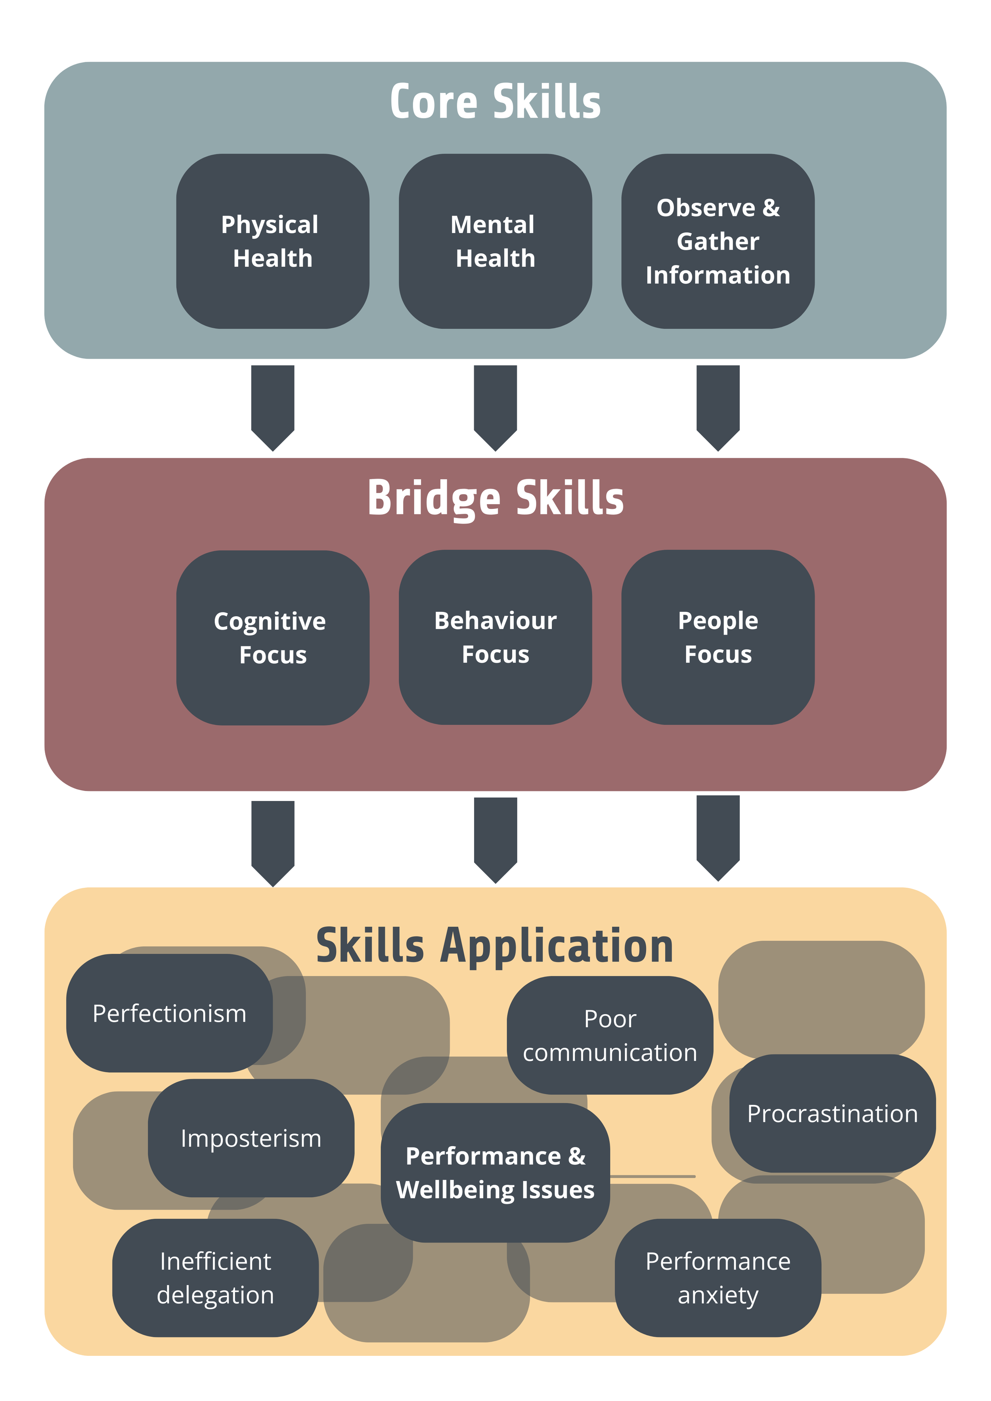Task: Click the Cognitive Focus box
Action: tap(272, 638)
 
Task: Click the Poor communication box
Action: tap(610, 1036)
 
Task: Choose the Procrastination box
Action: tap(832, 1114)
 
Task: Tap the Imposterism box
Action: tap(251, 1139)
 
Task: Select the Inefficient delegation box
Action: tap(215, 1279)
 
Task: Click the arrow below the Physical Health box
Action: tap(273, 406)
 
